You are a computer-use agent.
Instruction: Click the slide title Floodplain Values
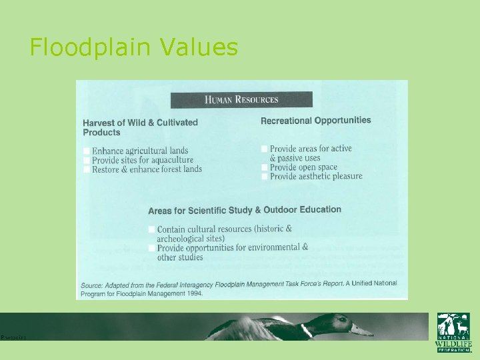133,47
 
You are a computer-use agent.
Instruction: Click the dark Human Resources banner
241,100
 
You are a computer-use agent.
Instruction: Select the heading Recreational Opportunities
315,121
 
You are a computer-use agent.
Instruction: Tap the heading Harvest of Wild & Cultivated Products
140,127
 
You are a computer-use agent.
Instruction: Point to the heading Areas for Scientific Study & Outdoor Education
245,210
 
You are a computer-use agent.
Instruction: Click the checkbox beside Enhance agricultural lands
87,151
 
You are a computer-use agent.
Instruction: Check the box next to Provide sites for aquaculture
87,161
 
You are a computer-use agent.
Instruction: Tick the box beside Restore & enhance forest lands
87,169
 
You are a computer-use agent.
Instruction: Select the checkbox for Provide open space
265,167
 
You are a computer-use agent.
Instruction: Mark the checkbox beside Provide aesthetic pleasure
265,177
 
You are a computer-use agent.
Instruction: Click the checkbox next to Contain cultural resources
152,229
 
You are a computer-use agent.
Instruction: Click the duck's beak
363,330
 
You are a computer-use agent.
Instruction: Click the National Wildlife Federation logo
453,332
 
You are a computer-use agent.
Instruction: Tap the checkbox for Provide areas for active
265,149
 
